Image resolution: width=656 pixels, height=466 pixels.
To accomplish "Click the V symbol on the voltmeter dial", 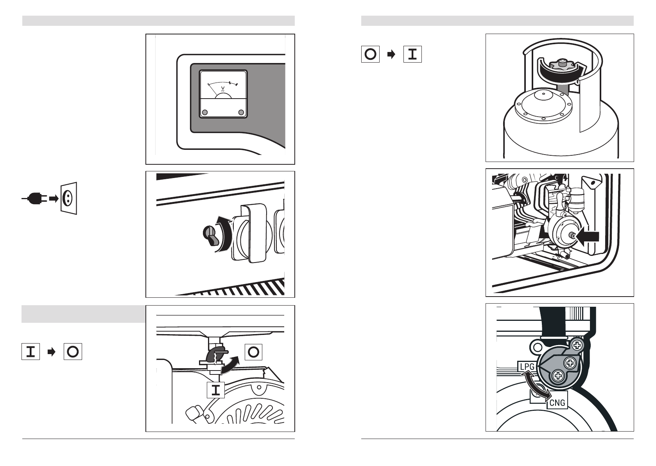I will point(223,88).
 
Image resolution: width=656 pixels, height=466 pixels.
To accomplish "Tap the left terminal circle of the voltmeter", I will point(204,113).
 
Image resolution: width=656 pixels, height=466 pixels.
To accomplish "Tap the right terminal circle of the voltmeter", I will point(241,113).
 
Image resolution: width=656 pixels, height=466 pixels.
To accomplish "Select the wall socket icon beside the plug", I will point(69,198).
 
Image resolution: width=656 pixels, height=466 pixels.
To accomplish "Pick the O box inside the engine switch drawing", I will point(253,352).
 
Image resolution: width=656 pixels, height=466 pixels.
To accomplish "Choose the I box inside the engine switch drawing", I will point(216,390).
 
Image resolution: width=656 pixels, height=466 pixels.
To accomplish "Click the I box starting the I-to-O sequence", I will point(30,352).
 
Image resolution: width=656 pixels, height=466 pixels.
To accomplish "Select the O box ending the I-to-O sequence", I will point(73,352).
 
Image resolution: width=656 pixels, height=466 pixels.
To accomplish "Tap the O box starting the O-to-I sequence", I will point(370,54).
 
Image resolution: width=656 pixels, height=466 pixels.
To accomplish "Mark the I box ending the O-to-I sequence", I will point(412,54).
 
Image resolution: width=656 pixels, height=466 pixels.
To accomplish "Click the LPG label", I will point(526,367).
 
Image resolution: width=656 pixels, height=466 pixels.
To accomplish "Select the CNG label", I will point(557,403).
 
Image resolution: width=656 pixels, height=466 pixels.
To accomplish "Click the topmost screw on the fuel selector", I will point(577,345).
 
